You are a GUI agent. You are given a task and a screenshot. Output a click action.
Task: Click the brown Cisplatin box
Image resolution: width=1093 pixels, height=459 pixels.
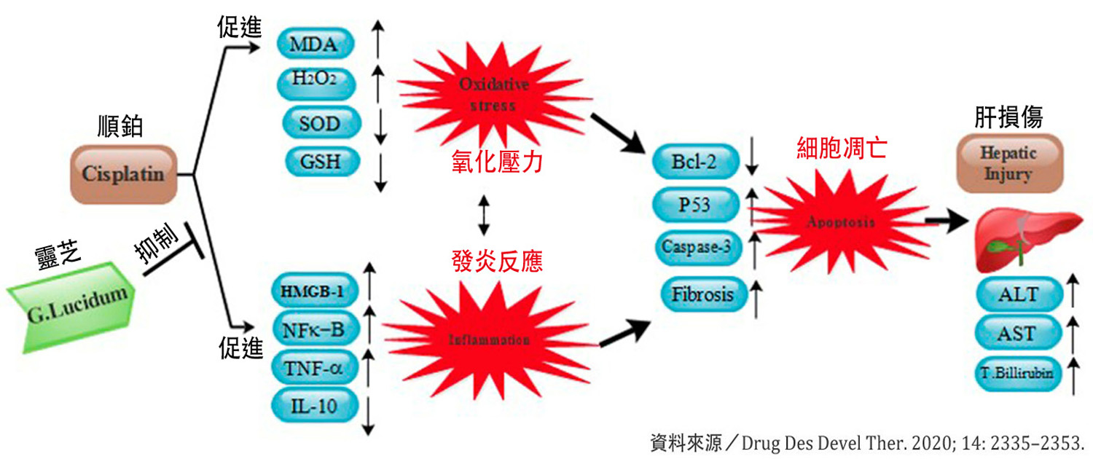[x=123, y=175]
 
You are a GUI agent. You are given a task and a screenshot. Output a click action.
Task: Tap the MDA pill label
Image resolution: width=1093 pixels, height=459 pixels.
[x=314, y=44]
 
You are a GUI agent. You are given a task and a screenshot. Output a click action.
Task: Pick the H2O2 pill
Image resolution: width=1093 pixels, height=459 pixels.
[x=314, y=82]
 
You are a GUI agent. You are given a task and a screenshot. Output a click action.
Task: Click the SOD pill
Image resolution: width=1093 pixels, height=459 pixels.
[x=319, y=122]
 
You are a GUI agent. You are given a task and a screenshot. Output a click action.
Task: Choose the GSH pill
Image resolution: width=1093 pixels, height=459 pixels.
[x=319, y=160]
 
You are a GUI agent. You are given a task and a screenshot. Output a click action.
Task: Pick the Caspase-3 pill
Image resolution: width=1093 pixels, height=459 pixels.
[x=697, y=246]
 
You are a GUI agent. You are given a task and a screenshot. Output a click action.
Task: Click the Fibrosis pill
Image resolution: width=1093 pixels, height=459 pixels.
[x=703, y=295]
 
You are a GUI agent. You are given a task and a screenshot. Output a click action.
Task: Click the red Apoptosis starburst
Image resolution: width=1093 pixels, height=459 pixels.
[x=840, y=222]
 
